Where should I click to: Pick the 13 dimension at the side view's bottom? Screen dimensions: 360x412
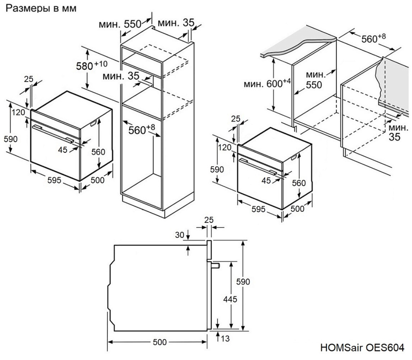[x=225, y=339]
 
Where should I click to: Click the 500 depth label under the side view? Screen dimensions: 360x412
[x=157, y=342]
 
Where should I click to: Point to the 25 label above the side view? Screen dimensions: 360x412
[x=209, y=220]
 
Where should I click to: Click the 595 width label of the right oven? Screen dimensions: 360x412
[x=259, y=209]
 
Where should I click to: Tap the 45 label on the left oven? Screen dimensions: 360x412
[x=63, y=150]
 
